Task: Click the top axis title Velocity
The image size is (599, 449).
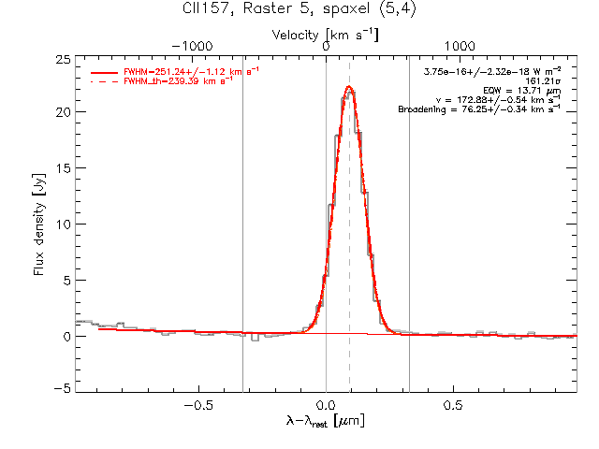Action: [x=295, y=36]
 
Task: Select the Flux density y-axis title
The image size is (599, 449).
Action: [x=39, y=224]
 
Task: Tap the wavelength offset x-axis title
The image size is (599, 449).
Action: [x=326, y=421]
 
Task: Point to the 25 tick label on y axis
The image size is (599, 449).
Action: [x=64, y=60]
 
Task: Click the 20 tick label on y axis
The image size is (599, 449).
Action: [x=64, y=112]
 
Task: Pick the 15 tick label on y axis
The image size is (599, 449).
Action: [x=64, y=168]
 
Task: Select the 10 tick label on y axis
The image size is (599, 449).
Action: [x=64, y=224]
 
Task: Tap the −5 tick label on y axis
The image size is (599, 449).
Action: [x=63, y=388]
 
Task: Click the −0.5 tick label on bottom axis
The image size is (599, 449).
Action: [x=198, y=405]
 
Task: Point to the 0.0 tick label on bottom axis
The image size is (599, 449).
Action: [x=326, y=405]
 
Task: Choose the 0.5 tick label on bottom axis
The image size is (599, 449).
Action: [x=453, y=405]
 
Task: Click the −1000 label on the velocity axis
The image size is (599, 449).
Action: [x=192, y=46]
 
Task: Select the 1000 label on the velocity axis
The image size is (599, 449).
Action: [x=460, y=46]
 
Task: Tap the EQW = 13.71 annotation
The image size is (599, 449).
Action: [x=522, y=91]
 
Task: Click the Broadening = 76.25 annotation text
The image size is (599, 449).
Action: [x=479, y=109]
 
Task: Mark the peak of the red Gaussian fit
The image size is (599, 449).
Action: [x=349, y=86]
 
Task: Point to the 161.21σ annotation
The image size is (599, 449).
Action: [x=543, y=81]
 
